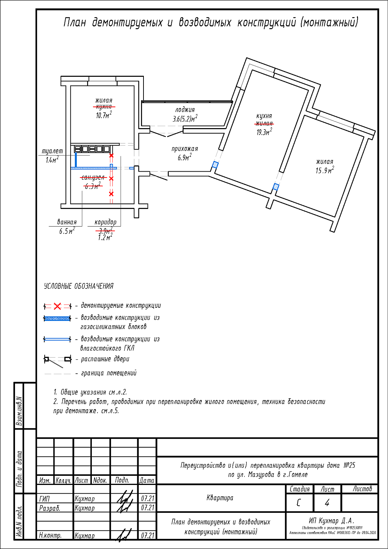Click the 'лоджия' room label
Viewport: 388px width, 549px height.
[185, 110]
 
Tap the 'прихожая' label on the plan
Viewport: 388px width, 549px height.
[184, 149]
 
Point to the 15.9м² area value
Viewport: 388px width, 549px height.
[325, 170]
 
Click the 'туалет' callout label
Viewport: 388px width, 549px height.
[52, 151]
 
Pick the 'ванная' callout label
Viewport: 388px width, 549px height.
[67, 222]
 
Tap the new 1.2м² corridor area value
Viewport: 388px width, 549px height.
[105, 238]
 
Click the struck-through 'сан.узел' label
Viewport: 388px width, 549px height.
[93, 178]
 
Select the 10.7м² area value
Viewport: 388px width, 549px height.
[104, 115]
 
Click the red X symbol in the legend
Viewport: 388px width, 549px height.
[57, 306]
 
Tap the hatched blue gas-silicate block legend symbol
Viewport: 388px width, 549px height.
[57, 318]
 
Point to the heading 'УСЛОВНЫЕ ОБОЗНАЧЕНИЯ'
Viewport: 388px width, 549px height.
[79, 286]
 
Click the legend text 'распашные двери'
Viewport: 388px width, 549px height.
[105, 359]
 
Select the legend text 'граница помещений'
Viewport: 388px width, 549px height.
[109, 373]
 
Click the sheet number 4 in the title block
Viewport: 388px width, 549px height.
[327, 503]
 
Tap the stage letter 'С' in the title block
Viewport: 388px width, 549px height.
[299, 503]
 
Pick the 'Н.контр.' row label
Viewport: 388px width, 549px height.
[51, 535]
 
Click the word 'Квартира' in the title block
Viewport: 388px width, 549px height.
[220, 498]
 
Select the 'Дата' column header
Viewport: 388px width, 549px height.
[147, 480]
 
